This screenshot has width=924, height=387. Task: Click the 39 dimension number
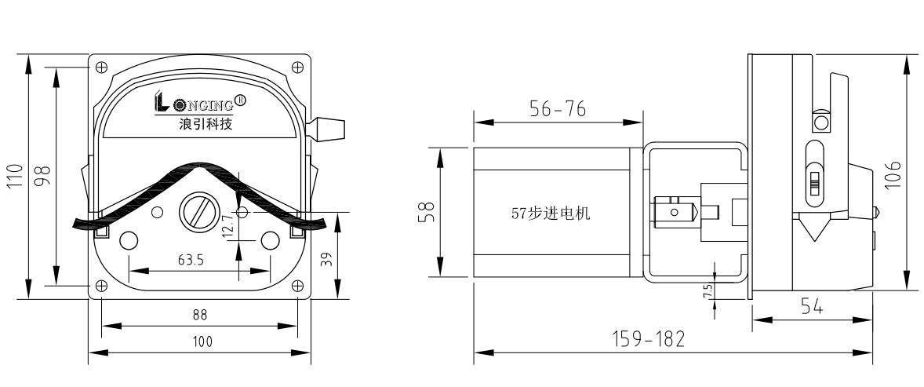(327, 258)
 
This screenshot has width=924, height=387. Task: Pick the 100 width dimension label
(199, 342)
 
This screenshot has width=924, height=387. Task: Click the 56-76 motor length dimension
(558, 111)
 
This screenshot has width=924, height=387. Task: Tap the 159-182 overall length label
(647, 340)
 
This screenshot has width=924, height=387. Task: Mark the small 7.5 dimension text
(708, 290)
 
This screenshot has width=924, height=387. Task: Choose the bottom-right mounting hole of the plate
(298, 285)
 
